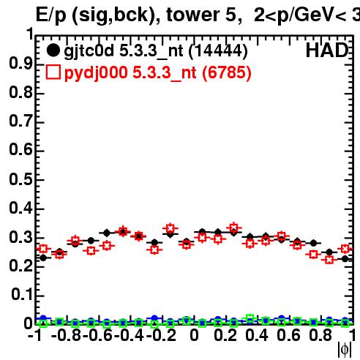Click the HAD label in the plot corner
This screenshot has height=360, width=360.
click(327, 50)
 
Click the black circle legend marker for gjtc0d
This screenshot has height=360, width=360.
click(53, 50)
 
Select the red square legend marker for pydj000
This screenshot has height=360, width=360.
click(53, 72)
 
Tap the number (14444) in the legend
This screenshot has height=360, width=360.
click(218, 51)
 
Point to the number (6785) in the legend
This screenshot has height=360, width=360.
click(227, 73)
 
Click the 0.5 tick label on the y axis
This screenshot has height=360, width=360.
click(20, 179)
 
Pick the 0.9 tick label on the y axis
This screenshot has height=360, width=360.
click(20, 64)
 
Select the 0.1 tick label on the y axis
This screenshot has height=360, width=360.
click(22, 295)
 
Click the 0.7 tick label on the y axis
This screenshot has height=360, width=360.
click(20, 121)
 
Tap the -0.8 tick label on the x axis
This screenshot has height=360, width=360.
click(67, 335)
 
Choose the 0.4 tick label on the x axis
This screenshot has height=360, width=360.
click(257, 335)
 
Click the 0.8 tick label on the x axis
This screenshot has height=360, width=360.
click(320, 335)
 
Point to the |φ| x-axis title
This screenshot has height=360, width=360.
click(345, 349)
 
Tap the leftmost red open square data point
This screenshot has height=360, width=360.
click(43, 249)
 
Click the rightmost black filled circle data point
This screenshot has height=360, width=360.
click(345, 259)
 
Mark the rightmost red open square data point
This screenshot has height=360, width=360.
click(345, 249)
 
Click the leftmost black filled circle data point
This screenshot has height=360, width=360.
click(43, 258)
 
